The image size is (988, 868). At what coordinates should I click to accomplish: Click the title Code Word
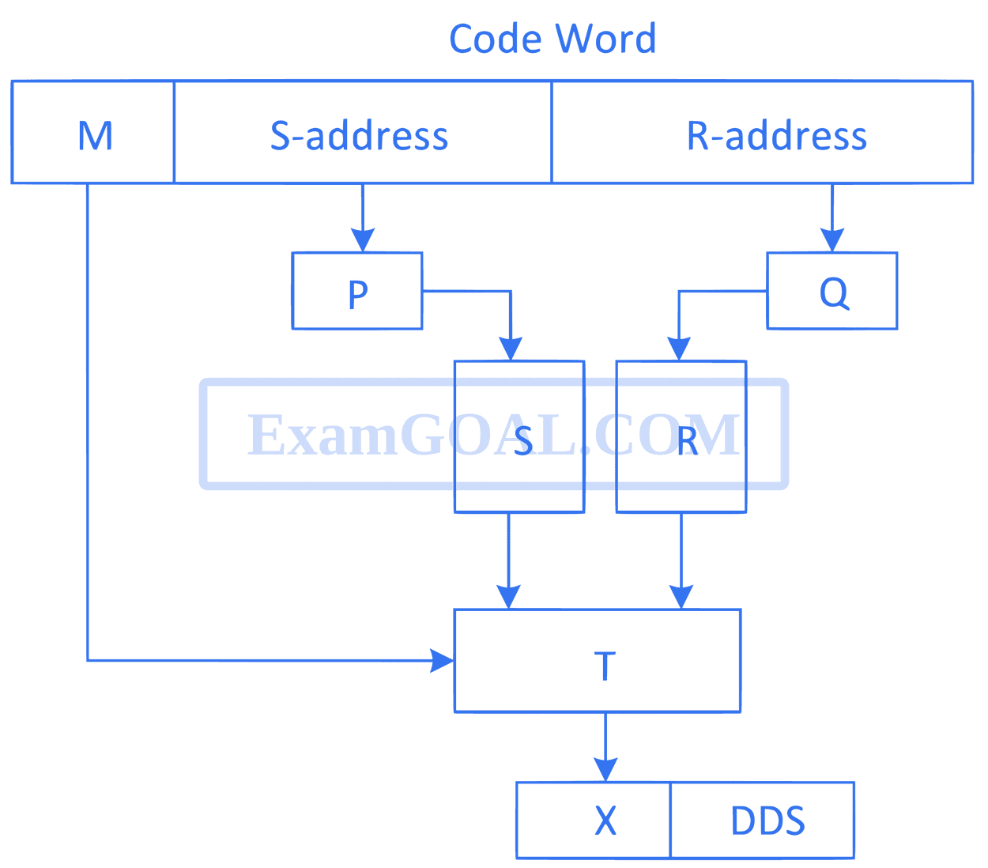[552, 39]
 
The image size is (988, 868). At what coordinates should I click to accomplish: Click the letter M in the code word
[95, 136]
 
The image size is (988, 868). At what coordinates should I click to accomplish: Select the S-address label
[359, 135]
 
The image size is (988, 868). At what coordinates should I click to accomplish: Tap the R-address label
[776, 135]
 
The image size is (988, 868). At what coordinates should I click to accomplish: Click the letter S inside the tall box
[523, 441]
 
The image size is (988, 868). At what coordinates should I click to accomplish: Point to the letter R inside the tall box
[687, 441]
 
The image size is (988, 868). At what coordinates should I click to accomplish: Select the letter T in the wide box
[605, 666]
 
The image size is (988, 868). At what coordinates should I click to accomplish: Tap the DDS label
[767, 821]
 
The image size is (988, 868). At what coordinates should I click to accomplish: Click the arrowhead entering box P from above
[362, 240]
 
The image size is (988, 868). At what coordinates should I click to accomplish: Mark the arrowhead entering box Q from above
[832, 240]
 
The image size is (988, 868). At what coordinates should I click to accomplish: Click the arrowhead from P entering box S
[510, 349]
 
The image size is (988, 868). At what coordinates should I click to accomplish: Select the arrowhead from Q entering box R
[678, 349]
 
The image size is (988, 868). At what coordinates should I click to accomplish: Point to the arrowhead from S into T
[508, 597]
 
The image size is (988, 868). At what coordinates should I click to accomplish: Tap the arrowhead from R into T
[681, 597]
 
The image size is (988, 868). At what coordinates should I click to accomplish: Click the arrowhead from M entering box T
[442, 661]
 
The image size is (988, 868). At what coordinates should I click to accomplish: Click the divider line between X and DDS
[670, 821]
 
